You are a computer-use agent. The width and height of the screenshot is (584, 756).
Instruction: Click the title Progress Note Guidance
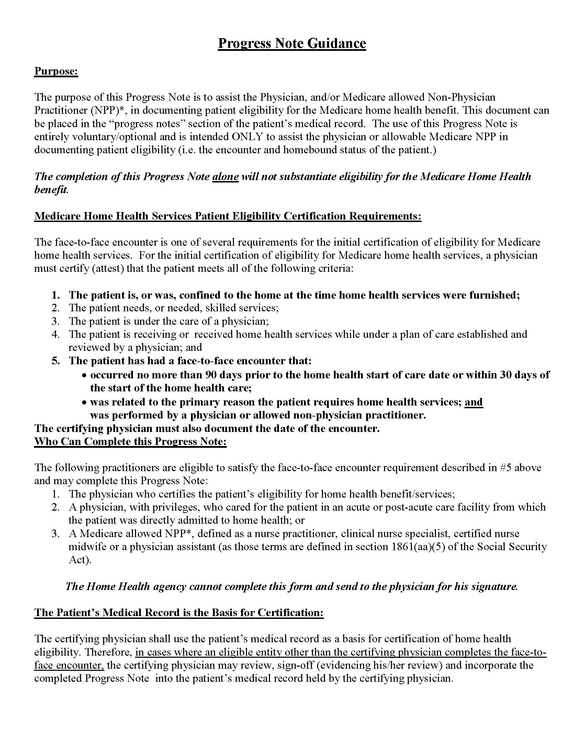(292, 43)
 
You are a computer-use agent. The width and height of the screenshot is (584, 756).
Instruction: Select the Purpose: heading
(56, 71)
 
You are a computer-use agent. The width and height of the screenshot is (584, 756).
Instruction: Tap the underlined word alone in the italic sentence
(225, 177)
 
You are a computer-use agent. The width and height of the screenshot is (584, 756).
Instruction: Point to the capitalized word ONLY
(247, 137)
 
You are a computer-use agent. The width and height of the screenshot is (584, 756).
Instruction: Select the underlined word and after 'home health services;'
(474, 402)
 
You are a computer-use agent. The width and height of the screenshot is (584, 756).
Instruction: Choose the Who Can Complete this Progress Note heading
(130, 442)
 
